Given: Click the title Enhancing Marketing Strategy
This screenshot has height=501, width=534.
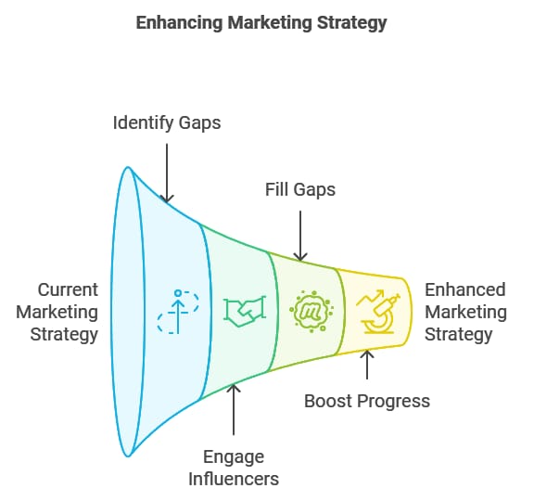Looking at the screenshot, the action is click(x=261, y=23).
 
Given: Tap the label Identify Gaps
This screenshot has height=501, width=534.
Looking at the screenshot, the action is click(x=167, y=123).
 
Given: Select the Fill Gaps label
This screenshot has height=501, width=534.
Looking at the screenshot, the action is click(x=300, y=190).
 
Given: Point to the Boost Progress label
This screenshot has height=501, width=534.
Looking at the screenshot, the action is click(x=367, y=401).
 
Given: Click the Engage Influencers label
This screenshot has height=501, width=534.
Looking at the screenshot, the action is click(x=234, y=468).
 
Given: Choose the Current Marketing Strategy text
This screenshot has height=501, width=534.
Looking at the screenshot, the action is click(x=57, y=312).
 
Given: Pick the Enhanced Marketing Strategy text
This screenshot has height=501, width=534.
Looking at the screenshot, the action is click(x=465, y=312).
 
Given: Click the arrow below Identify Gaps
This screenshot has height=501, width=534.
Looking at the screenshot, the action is click(x=167, y=173).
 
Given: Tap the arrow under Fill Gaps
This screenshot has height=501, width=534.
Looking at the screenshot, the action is click(x=300, y=236).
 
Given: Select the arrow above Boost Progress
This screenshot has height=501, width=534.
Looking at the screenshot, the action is click(x=367, y=365).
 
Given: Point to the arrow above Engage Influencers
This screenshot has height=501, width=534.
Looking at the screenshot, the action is click(x=234, y=409).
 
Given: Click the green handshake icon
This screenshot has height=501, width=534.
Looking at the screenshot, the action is click(x=244, y=312).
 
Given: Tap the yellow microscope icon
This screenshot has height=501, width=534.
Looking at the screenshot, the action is click(x=377, y=312).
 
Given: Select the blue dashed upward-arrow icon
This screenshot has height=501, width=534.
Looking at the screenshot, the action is click(x=178, y=312).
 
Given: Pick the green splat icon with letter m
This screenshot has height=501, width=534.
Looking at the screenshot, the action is click(x=311, y=311).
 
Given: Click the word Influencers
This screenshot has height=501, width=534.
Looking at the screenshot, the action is click(x=234, y=479).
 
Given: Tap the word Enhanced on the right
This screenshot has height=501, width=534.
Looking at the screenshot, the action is click(x=464, y=290).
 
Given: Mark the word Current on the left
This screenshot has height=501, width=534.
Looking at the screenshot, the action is click(x=68, y=290).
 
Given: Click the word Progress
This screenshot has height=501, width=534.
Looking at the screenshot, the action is click(x=394, y=402).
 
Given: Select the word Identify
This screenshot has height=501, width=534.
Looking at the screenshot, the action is click(x=144, y=123).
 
